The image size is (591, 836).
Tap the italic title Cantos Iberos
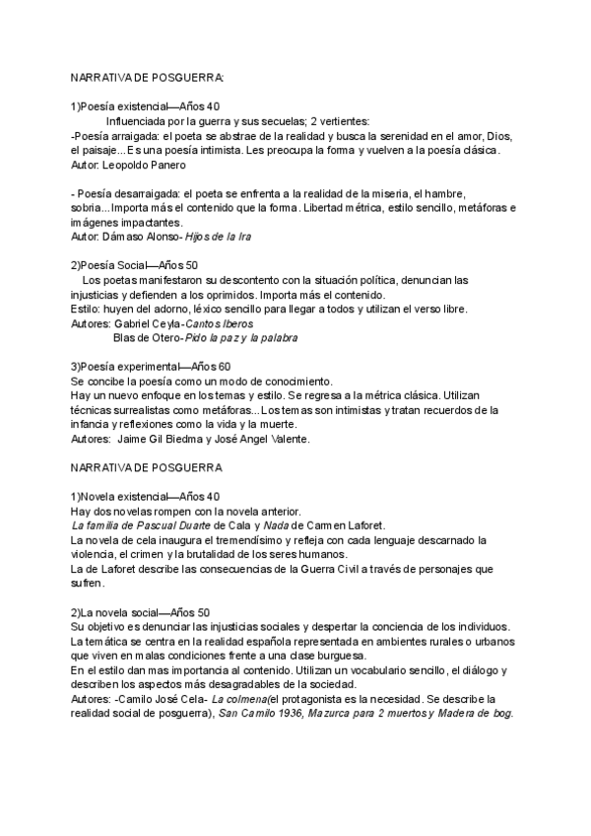220,323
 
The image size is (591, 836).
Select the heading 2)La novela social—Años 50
140,612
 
